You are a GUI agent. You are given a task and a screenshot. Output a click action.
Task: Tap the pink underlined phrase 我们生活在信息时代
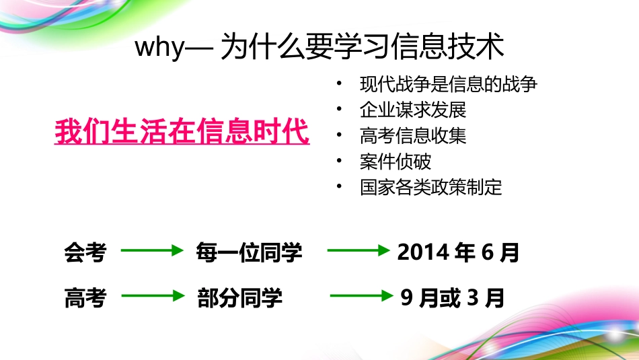[x=182, y=131]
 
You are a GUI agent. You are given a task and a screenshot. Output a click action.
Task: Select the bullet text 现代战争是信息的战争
[x=449, y=85]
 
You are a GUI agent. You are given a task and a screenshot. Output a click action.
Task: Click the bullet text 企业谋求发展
[x=413, y=110]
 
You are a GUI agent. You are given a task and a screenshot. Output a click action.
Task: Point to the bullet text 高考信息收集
[x=413, y=136]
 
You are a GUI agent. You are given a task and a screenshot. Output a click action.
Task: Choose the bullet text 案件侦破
[x=396, y=161]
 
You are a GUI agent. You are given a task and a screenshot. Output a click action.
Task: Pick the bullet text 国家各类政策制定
[x=431, y=187]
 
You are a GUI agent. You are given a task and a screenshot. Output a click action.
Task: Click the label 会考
[x=85, y=252]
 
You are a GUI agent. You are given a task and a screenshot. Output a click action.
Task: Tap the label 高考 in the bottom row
[x=85, y=297]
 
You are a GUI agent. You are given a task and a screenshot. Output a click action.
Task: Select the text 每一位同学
[x=249, y=253]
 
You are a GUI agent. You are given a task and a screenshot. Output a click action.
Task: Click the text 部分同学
[x=240, y=298]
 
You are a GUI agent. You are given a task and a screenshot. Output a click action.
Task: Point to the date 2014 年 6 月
[x=458, y=252]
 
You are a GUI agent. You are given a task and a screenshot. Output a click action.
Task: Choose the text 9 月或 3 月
[x=452, y=297]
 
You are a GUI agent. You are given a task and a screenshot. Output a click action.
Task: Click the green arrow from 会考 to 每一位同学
[x=152, y=251]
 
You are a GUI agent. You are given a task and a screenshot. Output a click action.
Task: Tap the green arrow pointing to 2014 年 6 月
[x=358, y=251]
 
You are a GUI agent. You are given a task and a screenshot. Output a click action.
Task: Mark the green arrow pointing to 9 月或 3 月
[x=361, y=295]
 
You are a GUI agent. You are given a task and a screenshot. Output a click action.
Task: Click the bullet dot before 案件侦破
[x=341, y=161]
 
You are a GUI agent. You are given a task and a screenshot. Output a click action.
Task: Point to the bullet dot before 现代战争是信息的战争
[x=341, y=84]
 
